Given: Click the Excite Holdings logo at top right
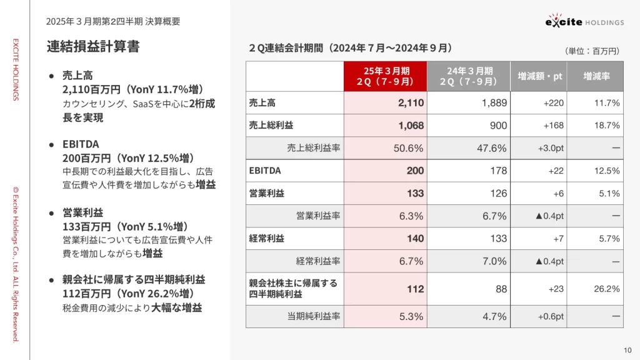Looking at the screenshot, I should [584, 21].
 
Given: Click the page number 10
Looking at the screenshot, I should [628, 349].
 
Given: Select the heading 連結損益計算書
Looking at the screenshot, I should [93, 46].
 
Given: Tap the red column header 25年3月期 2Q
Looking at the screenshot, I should [385, 76].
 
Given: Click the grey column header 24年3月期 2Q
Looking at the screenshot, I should [469, 76].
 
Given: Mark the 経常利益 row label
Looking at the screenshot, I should [266, 239].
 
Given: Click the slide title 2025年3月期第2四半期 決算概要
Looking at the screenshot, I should [113, 21].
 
